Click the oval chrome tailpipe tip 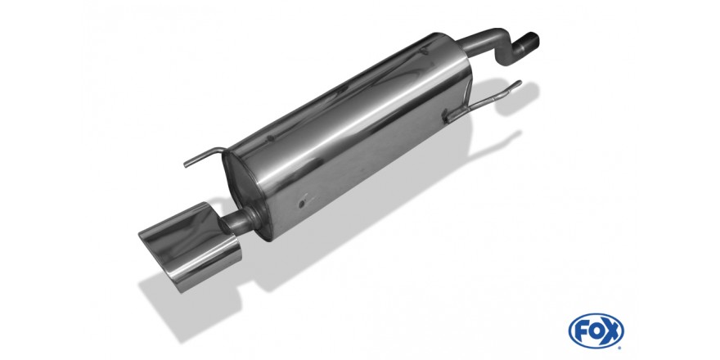[188, 245]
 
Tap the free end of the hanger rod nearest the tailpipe [186, 164]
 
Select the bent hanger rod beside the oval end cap [205, 155]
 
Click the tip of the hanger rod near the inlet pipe [520, 83]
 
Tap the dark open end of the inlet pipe [532, 40]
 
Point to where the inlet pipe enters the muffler [463, 46]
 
